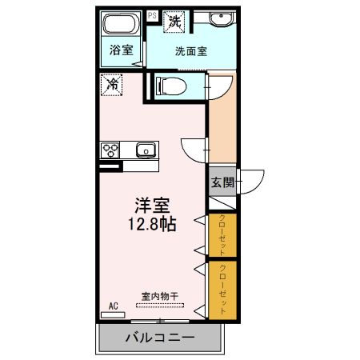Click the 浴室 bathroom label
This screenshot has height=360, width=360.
coord(122,50)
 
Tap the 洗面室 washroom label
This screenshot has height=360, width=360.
coord(191,50)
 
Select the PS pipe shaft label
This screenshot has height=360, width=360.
coord(153,15)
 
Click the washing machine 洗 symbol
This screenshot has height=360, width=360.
coord(174,22)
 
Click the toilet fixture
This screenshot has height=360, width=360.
coord(170,85)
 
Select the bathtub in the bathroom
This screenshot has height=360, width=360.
coord(122,23)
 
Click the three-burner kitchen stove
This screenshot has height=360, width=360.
coord(110,150)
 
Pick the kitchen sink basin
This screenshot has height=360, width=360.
coord(145,150)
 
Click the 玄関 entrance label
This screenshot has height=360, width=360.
coord(222,182)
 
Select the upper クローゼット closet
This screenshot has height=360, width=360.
coord(222,235)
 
